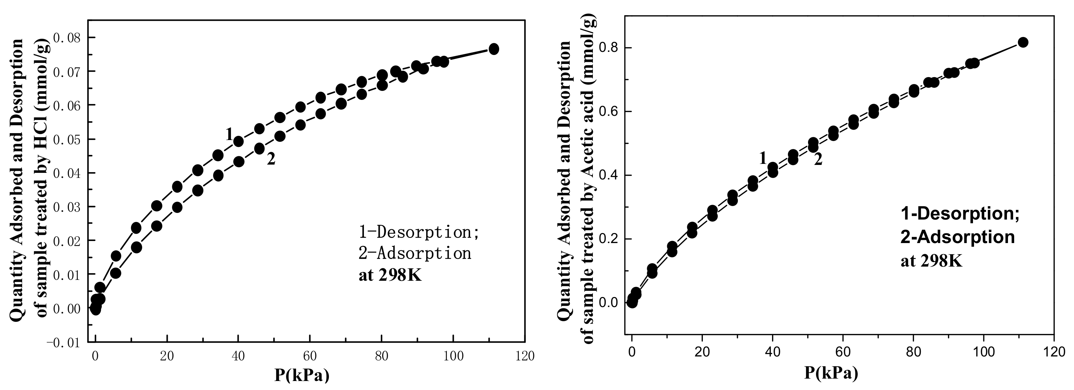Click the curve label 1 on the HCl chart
[229, 134]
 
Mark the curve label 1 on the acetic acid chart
[763, 158]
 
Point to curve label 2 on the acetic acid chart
[818, 159]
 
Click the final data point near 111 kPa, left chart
[494, 49]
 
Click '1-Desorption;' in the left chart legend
[419, 232]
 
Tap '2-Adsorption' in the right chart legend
[958, 237]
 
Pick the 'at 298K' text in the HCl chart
[390, 276]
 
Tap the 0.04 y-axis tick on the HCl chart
[68, 173]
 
